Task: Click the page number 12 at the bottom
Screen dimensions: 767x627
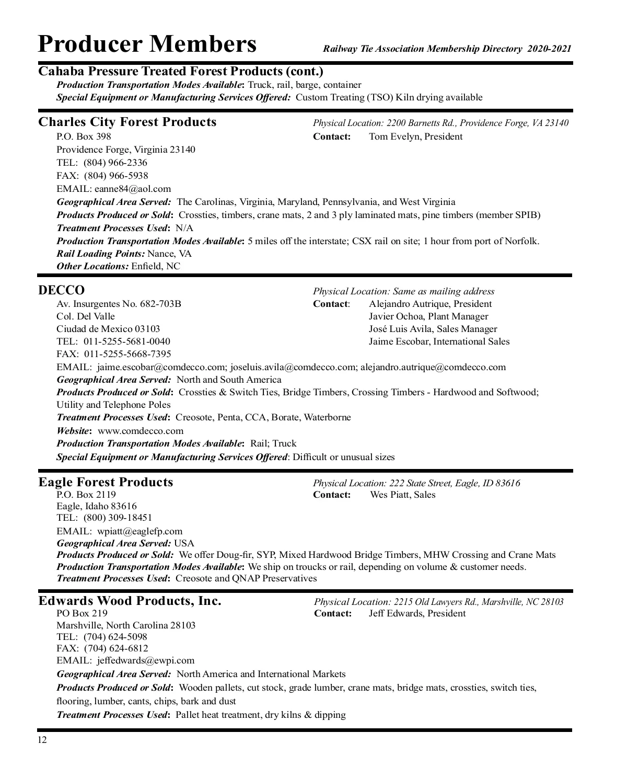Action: pos(42,740)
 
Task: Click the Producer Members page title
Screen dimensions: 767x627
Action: pos(147,44)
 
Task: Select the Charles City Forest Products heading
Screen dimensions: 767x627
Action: pos(127,122)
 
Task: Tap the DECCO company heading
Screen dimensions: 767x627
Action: pos(61,290)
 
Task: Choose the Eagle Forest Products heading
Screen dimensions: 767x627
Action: pos(106,482)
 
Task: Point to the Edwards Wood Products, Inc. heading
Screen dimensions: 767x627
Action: pos(130,601)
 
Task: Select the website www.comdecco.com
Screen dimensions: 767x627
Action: pos(141,431)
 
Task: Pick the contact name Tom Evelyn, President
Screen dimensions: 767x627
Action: pos(415,137)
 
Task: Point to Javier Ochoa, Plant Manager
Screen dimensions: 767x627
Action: pos(428,316)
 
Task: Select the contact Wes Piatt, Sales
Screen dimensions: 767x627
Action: pos(402,495)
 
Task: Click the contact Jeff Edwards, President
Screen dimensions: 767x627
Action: pos(417,613)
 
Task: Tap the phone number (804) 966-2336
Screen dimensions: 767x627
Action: pos(115,163)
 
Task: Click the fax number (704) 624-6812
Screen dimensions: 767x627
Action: pos(116,648)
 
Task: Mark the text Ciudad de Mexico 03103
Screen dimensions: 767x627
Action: pos(108,329)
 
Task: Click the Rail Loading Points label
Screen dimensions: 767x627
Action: pos(100,254)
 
